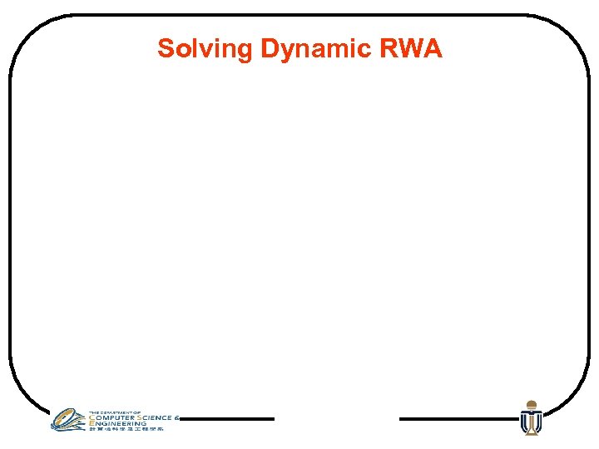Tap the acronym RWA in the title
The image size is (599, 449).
click(411, 48)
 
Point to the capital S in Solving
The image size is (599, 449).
click(166, 48)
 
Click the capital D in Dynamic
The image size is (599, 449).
click(268, 48)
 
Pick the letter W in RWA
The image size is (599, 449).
click(410, 48)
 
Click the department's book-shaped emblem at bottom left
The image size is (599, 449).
click(67, 419)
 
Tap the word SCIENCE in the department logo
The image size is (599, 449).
click(156, 417)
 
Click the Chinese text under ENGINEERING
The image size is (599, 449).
click(126, 429)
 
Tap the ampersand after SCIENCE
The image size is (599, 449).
click(177, 417)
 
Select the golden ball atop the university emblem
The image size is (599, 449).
click(530, 403)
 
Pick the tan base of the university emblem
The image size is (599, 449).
click(530, 430)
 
